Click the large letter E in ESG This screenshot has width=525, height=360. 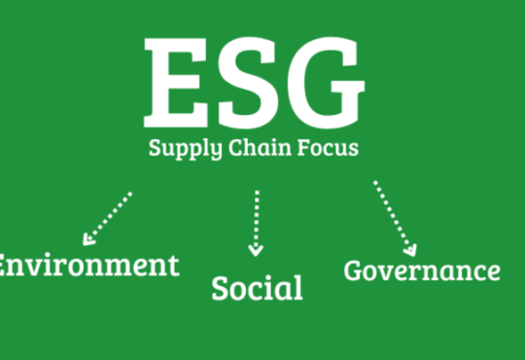pyautogui.click(x=175, y=83)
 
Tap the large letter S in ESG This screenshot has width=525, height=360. pyautogui.click(x=248, y=83)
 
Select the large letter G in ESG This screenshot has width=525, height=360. pyautogui.click(x=326, y=83)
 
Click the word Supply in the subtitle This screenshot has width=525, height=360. pyautogui.click(x=185, y=149)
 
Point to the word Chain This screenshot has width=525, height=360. pyautogui.click(x=260, y=147)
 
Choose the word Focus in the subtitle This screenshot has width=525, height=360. pyautogui.click(x=329, y=148)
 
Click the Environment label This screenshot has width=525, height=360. pyautogui.click(x=89, y=266)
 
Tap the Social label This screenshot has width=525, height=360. pyautogui.click(x=257, y=288)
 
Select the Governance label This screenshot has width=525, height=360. pyautogui.click(x=422, y=270)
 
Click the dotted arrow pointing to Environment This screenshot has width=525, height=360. pyautogui.click(x=108, y=219)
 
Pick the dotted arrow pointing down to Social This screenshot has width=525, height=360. pyautogui.click(x=256, y=224)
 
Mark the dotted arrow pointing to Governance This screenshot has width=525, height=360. pyautogui.click(x=395, y=219)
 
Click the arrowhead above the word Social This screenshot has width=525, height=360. pyautogui.click(x=256, y=251)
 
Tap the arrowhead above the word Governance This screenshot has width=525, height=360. pyautogui.click(x=411, y=251)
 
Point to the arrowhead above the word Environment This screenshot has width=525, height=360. pyautogui.click(x=88, y=239)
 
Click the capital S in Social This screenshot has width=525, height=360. pyautogui.click(x=220, y=288)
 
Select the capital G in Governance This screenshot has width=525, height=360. pyautogui.click(x=353, y=270)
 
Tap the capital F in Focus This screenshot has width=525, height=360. pyautogui.click(x=304, y=148)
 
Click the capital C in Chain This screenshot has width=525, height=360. pyautogui.click(x=236, y=148)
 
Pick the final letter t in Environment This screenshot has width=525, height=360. pyautogui.click(x=174, y=267)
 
